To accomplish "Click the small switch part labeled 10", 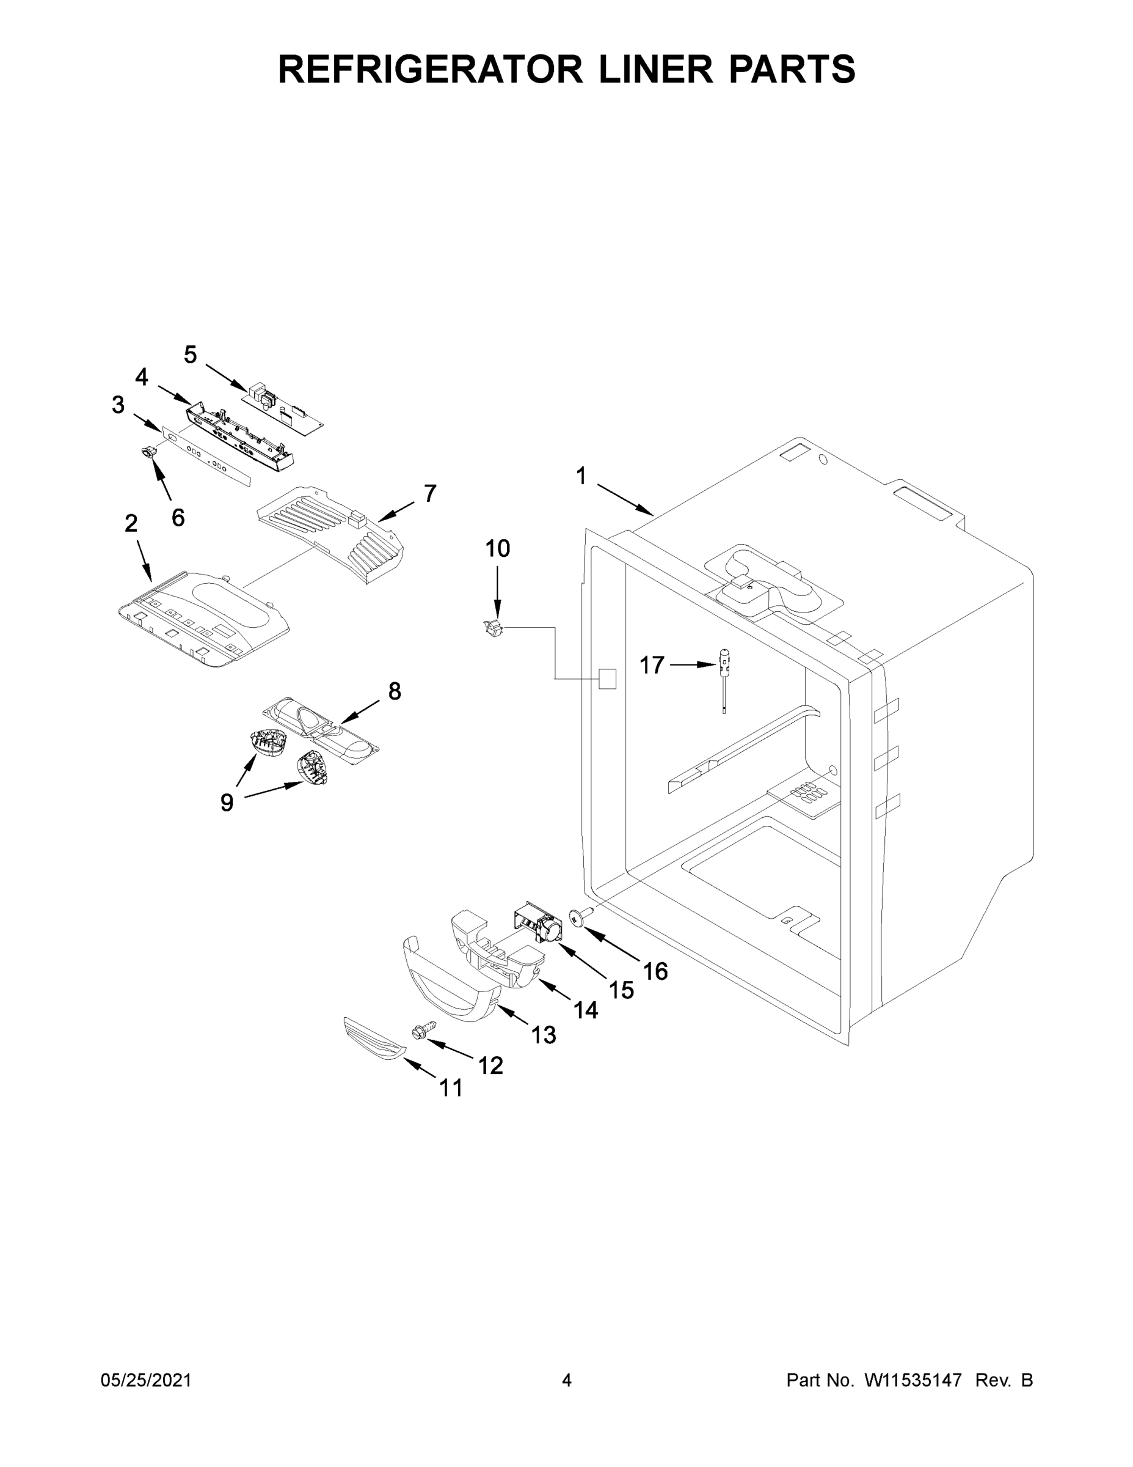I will [x=494, y=628].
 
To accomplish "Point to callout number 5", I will [x=191, y=355].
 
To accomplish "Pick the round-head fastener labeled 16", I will [x=578, y=916].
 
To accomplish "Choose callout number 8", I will [x=395, y=691].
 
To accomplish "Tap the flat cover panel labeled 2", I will [x=203, y=618].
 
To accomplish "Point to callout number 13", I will [x=544, y=1035].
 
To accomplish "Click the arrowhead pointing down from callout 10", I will [x=497, y=612].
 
